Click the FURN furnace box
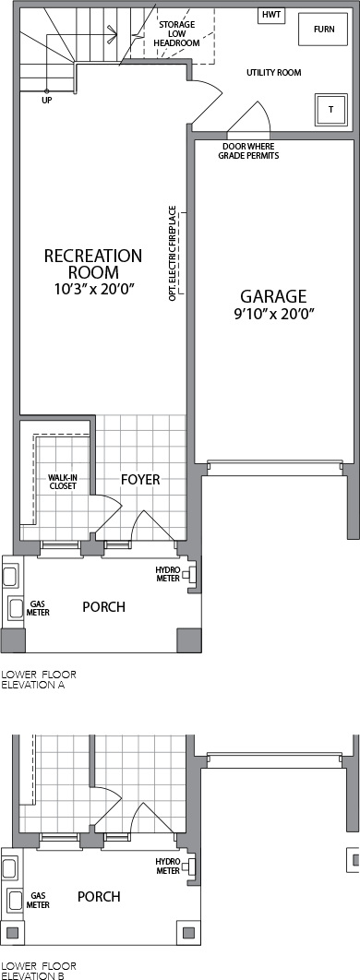pyautogui.click(x=324, y=30)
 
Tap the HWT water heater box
pyautogui.click(x=272, y=15)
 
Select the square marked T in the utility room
pyautogui.click(x=331, y=110)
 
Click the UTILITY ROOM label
pyautogui.click(x=274, y=73)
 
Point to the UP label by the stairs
pyautogui.click(x=47, y=100)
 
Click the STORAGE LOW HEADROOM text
pyautogui.click(x=176, y=34)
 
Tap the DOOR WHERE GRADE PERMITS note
pyautogui.click(x=248, y=150)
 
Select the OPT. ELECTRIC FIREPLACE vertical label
pyautogui.click(x=172, y=253)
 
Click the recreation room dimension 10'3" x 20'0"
pyautogui.click(x=93, y=289)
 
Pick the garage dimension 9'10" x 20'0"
pyautogui.click(x=274, y=313)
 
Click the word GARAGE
pyautogui.click(x=274, y=295)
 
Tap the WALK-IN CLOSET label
pyautogui.click(x=62, y=482)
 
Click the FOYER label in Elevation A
pyautogui.click(x=140, y=479)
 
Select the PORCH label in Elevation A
pyautogui.click(x=103, y=606)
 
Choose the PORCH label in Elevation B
pyautogui.click(x=99, y=896)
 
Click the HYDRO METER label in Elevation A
pyautogui.click(x=167, y=574)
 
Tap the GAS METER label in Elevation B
pyautogui.click(x=38, y=900)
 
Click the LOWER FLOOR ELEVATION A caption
pyautogui.click(x=39, y=679)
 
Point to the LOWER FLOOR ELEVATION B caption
pyautogui.click(x=39, y=970)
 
